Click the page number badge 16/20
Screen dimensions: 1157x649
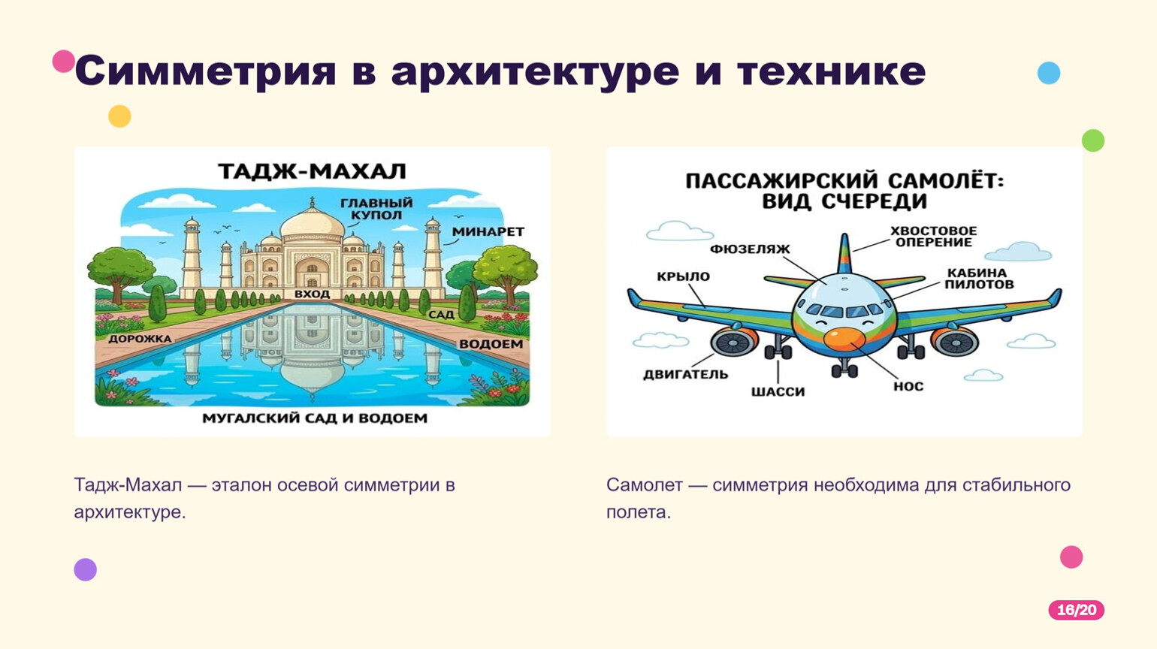coord(1077,610)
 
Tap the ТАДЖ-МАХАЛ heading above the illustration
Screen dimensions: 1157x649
coord(312,171)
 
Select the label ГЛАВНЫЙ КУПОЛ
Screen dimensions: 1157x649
coord(376,209)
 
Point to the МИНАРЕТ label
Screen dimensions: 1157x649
coord(488,232)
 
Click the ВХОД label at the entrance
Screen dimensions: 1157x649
coord(312,294)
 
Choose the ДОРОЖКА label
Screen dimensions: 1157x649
coord(140,339)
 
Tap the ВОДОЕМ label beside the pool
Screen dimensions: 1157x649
coord(491,344)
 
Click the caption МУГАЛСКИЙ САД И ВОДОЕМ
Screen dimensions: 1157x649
coord(315,418)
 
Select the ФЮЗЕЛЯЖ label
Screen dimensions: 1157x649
coord(750,249)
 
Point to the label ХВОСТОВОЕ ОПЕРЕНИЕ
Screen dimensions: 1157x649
coord(933,237)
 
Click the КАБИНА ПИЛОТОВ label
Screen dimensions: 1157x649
coord(979,279)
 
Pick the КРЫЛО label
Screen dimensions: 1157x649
coord(684,276)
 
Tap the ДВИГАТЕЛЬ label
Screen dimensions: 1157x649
coord(685,374)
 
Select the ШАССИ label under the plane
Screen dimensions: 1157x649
coord(778,392)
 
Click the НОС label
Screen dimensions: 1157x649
coord(908,386)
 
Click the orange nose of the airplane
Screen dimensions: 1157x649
coord(844,339)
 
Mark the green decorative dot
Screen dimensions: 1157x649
coord(1093,140)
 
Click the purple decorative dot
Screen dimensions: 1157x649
coord(85,569)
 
